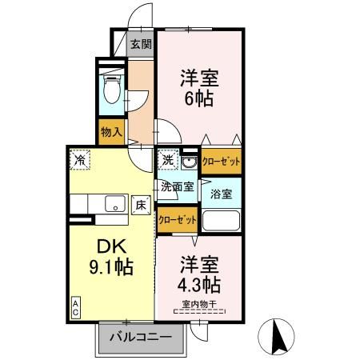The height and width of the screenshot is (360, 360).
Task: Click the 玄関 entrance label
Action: (142, 44)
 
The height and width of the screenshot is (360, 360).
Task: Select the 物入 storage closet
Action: (111, 131)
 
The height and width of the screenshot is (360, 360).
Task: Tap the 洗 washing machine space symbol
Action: (168, 158)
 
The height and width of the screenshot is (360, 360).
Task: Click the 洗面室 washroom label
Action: (176, 187)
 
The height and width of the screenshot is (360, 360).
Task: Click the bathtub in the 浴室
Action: (222, 220)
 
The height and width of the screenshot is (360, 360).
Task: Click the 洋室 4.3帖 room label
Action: (199, 274)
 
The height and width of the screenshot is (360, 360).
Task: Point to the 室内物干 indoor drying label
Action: (200, 304)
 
